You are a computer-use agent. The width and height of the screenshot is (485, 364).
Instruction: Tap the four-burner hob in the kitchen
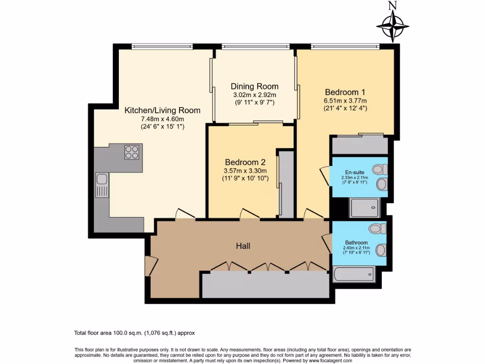(132, 152)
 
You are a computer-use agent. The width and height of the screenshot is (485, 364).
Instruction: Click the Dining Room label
(254, 86)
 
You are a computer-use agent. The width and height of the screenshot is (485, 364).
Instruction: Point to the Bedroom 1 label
(345, 92)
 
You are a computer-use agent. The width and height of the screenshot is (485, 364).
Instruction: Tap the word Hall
(243, 246)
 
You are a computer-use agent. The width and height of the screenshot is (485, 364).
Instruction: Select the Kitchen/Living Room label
(162, 110)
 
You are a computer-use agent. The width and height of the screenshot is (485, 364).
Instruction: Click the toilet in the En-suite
(380, 169)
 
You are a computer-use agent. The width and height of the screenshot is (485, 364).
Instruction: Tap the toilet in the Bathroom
(377, 229)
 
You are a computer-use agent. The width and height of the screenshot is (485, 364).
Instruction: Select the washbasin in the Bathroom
(381, 250)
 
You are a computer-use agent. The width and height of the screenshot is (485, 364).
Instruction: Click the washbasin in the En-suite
(382, 184)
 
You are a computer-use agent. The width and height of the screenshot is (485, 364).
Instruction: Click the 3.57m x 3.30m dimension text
(245, 171)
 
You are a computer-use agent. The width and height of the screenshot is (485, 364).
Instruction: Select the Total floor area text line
(135, 333)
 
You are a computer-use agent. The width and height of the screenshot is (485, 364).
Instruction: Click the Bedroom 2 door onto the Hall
(250, 214)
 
